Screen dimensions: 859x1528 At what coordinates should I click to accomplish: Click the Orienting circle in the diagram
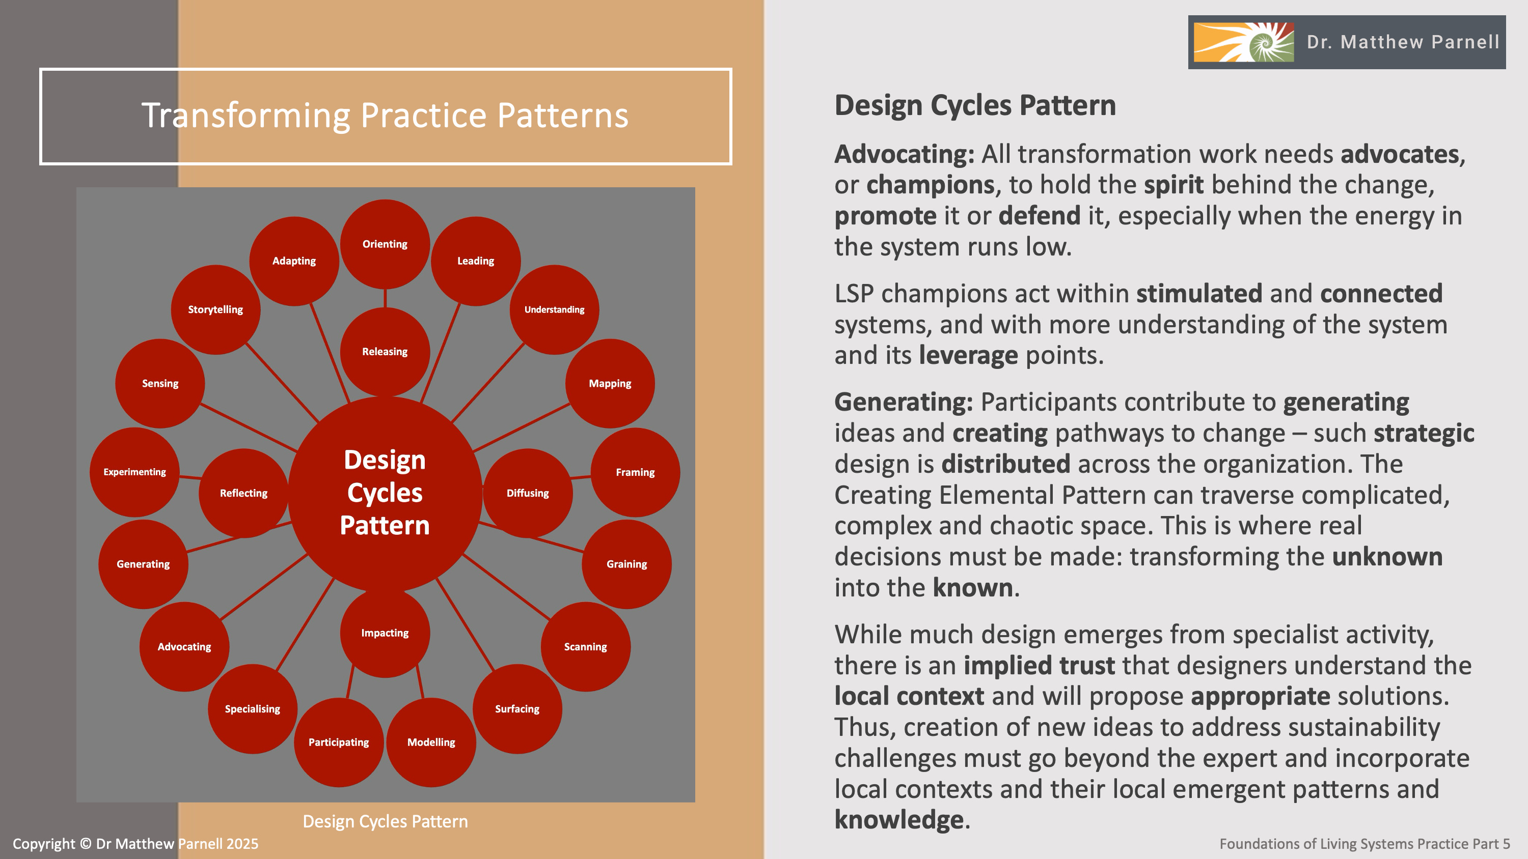[385, 244]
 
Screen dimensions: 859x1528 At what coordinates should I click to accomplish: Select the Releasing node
[385, 352]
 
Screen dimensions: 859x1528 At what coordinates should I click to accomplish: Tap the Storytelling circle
[215, 309]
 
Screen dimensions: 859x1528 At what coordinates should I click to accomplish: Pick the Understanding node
[554, 309]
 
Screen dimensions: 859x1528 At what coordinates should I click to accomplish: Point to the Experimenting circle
[134, 472]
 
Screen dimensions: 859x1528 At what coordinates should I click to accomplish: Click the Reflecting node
[243, 493]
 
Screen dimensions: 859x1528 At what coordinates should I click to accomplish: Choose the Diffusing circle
[527, 493]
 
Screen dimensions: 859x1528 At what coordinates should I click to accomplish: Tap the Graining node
[626, 564]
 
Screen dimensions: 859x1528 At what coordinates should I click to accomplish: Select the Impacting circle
[385, 633]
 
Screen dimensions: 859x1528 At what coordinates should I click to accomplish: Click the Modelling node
[431, 742]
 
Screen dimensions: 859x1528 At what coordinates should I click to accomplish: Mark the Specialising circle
[252, 709]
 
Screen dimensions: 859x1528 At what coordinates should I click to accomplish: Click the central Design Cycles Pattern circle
[385, 493]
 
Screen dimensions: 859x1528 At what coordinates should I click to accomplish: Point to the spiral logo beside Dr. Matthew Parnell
[1243, 42]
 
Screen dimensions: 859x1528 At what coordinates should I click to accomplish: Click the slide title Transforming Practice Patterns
[385, 115]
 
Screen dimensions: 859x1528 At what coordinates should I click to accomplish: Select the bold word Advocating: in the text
[904, 154]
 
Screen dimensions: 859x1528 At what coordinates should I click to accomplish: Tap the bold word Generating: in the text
[904, 402]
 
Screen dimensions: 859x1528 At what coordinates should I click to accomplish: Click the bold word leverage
[968, 355]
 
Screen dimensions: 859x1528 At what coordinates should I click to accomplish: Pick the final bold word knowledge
[898, 819]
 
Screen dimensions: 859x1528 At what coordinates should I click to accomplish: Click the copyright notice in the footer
[135, 844]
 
